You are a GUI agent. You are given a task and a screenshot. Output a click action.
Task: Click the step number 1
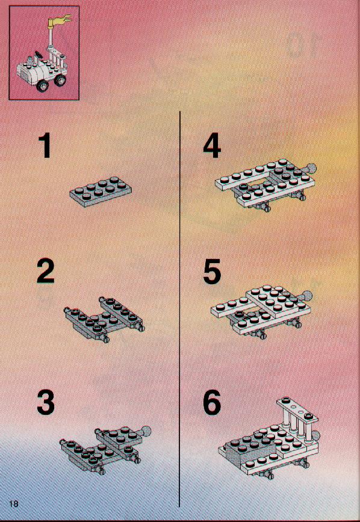pos(45,146)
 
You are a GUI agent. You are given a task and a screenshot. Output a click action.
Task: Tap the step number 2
pos(46,271)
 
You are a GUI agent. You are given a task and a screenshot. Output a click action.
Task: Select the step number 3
pos(46,402)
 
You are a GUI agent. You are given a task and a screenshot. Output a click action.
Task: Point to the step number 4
pos(212,146)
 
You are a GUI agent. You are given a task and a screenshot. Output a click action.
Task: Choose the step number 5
pos(212,272)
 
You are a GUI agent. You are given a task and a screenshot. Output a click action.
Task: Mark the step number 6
pos(212,402)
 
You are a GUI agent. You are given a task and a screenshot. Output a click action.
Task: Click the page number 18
pos(14,503)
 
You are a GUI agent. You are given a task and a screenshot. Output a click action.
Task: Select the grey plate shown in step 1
pos(101,191)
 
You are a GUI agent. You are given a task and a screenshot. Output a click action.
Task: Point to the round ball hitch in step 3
pos(146,431)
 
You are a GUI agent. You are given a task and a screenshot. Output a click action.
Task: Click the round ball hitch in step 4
pos(311,168)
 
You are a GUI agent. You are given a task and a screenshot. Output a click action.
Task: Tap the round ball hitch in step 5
pos(308,296)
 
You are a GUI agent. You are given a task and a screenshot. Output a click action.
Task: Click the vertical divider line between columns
pos(179,309)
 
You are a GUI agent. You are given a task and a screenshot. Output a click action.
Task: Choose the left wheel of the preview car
pos(43,85)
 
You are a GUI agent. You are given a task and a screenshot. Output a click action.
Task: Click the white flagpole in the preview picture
pos(52,37)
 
